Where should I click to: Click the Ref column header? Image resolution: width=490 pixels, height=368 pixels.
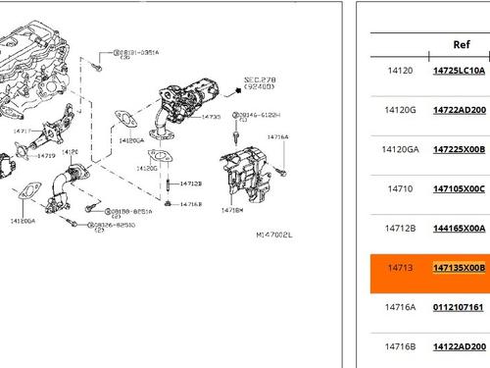point(461,44)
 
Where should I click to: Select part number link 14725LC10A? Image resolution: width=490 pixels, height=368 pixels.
point(460,71)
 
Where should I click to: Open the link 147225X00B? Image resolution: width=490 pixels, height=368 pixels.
point(460,149)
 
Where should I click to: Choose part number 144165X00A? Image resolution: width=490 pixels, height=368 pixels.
point(460,228)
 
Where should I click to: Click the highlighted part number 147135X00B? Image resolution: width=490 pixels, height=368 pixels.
point(460,267)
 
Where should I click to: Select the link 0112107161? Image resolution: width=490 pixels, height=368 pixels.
point(460,306)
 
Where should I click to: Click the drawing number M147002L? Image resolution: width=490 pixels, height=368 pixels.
point(273,235)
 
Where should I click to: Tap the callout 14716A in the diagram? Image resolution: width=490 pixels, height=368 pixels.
point(278,137)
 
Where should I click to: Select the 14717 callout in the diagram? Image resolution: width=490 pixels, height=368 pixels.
point(21,130)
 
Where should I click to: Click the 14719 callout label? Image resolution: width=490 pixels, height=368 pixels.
point(45,155)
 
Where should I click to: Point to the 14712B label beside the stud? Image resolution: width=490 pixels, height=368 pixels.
point(191,184)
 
